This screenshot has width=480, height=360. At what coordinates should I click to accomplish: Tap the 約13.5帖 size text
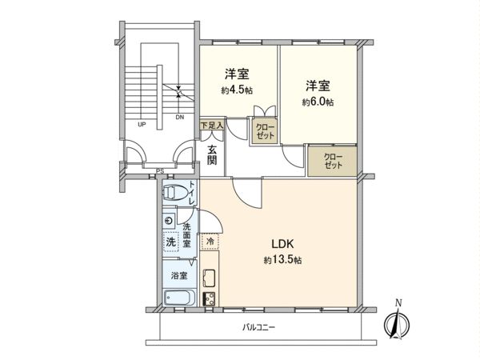coord(282,260)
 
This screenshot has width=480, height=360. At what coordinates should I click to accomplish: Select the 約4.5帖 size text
coord(238,90)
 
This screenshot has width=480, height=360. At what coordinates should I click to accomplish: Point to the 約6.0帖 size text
coord(318,102)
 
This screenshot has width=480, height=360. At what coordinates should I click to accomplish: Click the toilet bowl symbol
coord(178,193)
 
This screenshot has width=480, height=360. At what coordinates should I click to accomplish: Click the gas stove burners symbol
coord(210,299)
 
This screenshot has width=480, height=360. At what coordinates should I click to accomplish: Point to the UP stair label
coord(141,125)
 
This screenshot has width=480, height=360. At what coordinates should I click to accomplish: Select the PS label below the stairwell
coord(160,170)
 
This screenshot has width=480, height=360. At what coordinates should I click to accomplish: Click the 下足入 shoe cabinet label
coord(211,125)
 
